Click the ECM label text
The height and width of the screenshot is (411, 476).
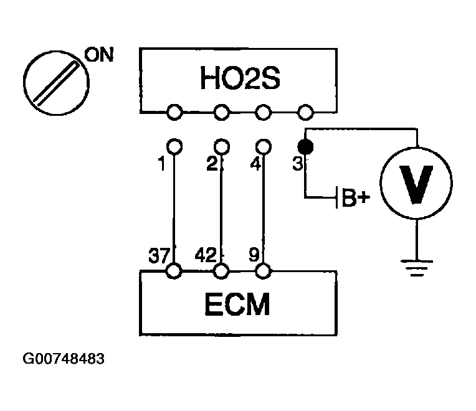point(237,305)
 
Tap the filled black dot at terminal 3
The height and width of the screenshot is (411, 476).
point(305,147)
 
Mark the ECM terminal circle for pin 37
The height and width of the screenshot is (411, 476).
point(174,272)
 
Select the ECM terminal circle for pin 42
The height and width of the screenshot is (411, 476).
point(221,272)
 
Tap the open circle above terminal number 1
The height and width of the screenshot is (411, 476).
point(174,146)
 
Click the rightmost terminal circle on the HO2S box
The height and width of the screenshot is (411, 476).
point(305,112)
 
